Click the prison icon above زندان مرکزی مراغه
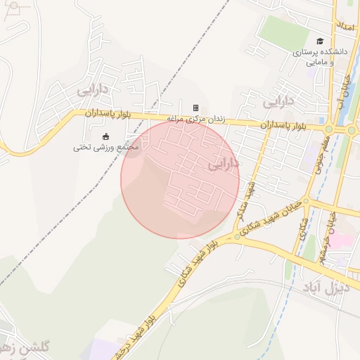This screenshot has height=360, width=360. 195,108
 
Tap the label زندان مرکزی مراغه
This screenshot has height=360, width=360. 195,119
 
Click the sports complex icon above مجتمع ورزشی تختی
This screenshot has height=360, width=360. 106,136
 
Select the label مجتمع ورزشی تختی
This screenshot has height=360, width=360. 106,148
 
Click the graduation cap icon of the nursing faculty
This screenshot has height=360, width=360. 321,42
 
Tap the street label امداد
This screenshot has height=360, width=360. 345,27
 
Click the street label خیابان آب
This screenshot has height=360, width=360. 345,91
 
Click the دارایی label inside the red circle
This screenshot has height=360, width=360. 224,165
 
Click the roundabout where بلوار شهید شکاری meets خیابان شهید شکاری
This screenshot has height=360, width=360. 238,237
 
